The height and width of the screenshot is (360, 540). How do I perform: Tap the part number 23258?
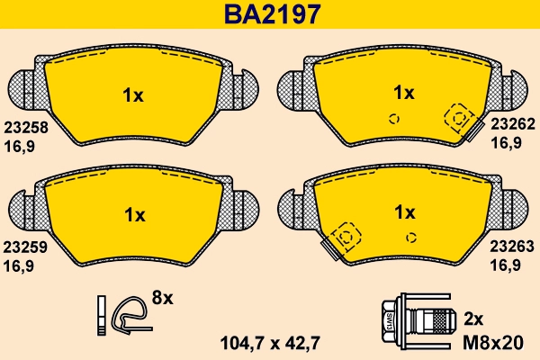pos(25,128)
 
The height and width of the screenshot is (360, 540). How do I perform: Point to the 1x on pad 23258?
pos(132,95)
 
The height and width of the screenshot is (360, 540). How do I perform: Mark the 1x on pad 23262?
pos(404,92)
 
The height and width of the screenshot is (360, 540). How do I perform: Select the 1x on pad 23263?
pos(404,212)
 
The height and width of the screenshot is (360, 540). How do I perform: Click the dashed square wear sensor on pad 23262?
pos(459,118)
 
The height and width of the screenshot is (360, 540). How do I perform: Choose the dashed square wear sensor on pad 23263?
pos(346,238)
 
